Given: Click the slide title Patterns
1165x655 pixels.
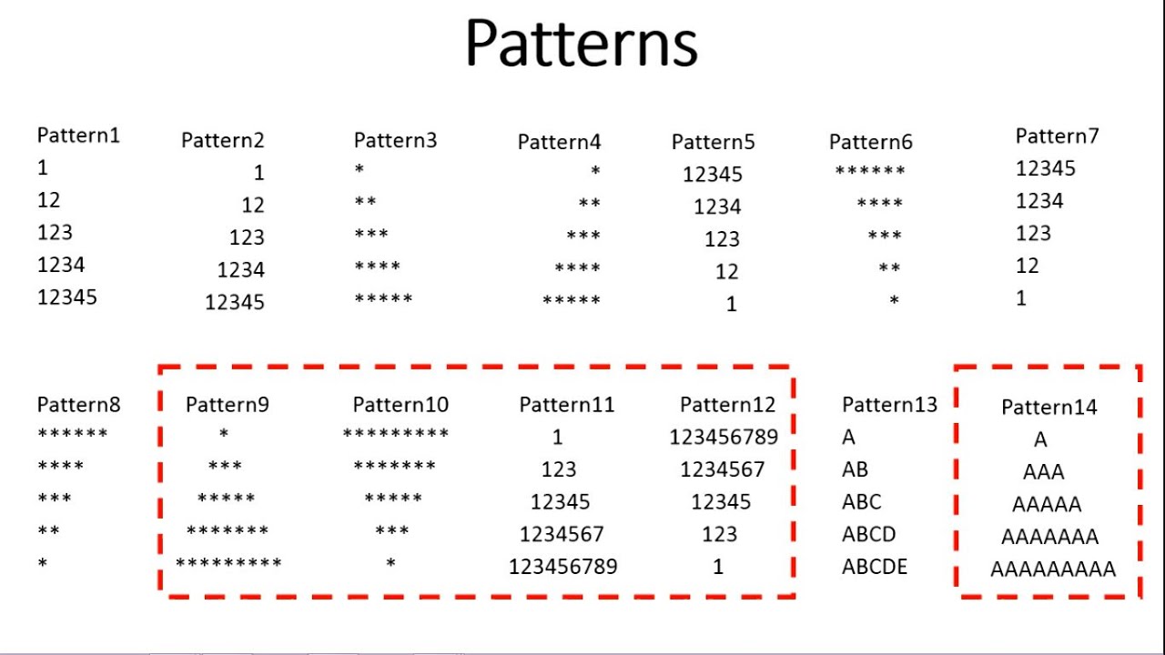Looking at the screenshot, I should (x=581, y=44).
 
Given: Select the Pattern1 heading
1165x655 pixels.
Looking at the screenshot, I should (x=78, y=136).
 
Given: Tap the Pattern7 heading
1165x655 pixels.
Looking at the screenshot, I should (x=1057, y=136).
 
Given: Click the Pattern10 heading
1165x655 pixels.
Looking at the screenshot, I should (x=400, y=405).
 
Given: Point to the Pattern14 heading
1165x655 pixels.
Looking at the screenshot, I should (x=1048, y=407).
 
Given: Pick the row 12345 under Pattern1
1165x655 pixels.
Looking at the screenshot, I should (x=66, y=297).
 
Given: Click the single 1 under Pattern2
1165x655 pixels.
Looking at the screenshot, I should (x=258, y=173).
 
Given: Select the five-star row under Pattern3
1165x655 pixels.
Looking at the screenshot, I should (x=383, y=299).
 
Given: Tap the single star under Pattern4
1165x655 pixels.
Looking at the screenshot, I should (x=595, y=171).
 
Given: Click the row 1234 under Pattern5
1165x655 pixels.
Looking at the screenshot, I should (x=717, y=207).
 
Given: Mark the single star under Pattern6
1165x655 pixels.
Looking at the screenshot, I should (x=894, y=300).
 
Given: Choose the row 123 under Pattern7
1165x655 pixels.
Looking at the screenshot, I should (x=1033, y=234).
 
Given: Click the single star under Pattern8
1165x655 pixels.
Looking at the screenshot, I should (x=43, y=564).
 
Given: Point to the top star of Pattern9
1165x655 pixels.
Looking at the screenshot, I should (x=224, y=435).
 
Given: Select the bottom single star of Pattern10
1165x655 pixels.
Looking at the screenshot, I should (x=390, y=565).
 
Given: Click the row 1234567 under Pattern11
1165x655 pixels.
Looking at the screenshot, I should (x=562, y=534).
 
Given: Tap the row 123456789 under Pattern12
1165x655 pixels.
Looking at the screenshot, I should (x=724, y=437).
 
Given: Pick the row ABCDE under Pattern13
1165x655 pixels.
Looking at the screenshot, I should (x=874, y=567).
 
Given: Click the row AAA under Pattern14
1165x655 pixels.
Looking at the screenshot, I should (x=1043, y=472).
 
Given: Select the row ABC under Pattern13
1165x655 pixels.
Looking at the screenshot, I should (x=861, y=502).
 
